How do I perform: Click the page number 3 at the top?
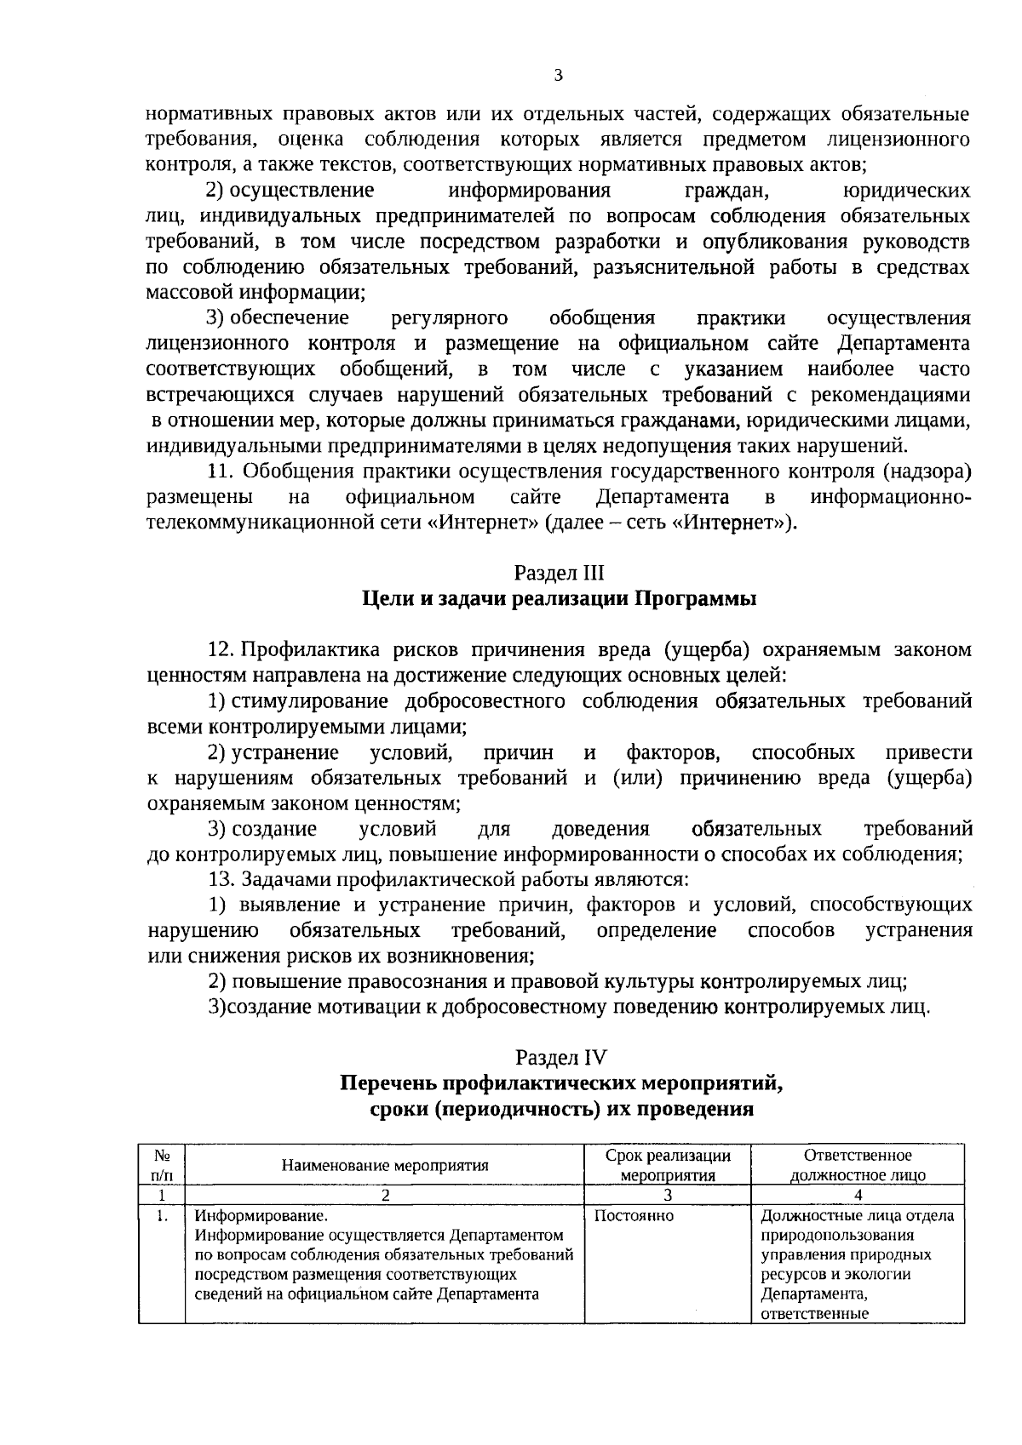click(559, 77)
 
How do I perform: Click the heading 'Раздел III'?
click(559, 573)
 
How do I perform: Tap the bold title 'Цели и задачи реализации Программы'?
click(560, 598)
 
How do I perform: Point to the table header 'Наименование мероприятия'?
click(385, 1165)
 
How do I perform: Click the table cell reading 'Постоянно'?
click(633, 1217)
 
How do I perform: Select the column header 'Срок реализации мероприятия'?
click(668, 1165)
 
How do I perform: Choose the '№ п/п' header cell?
click(163, 1165)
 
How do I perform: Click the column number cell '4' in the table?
click(858, 1195)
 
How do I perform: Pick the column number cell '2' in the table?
click(385, 1195)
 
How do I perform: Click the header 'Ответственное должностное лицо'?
click(858, 1165)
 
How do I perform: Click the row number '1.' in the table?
click(162, 1217)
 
